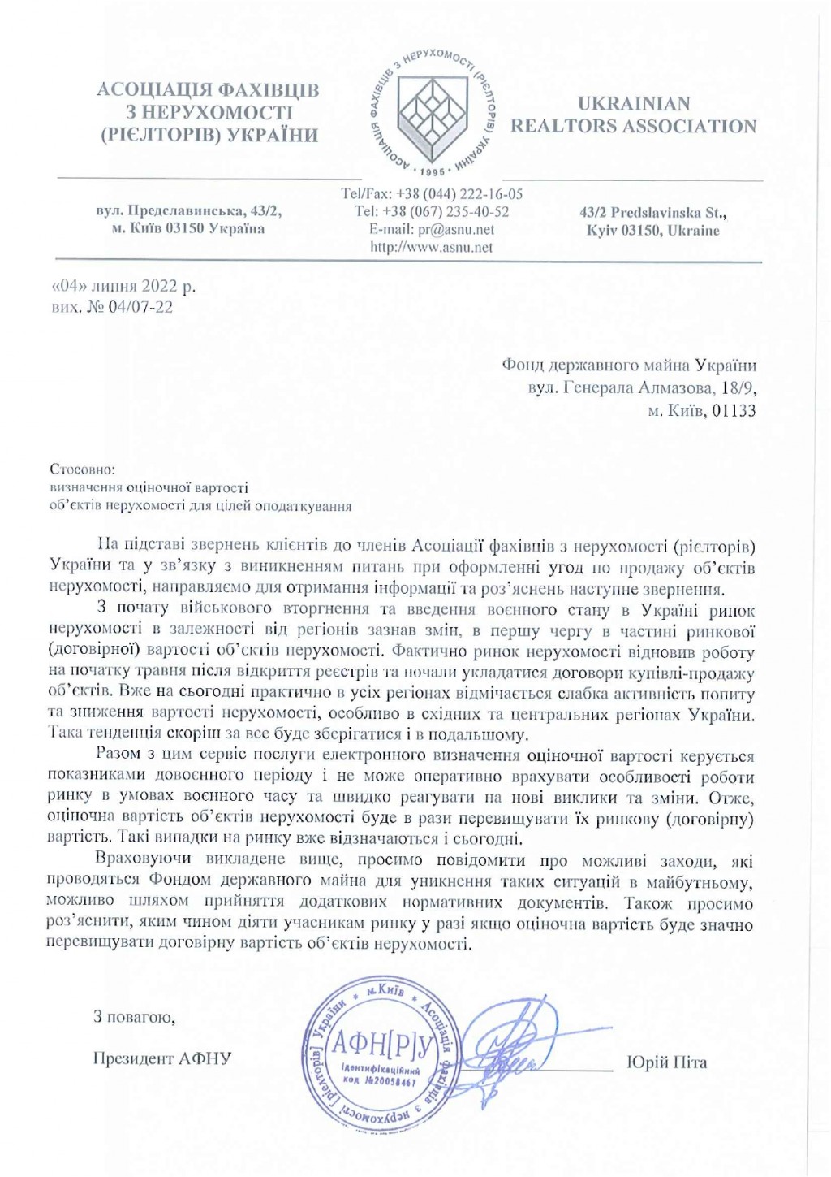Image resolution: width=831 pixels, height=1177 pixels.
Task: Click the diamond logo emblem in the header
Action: (435, 113)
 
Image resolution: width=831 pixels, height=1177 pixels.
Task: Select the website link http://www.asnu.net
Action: (431, 248)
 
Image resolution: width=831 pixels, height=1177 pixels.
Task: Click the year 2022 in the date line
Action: (159, 287)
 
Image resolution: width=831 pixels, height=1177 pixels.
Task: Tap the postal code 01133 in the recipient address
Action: (734, 411)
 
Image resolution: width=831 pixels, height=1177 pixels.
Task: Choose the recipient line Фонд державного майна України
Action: (629, 366)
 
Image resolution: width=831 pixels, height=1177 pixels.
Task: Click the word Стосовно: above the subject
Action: (83, 470)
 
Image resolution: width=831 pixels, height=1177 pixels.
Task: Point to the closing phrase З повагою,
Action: (134, 1016)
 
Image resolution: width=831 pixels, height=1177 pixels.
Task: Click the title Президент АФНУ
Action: (162, 1058)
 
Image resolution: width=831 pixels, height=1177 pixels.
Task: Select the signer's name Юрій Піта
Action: (667, 1062)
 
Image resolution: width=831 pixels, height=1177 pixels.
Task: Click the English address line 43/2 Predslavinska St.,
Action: (653, 213)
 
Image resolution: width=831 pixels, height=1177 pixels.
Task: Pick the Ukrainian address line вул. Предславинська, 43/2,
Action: (189, 211)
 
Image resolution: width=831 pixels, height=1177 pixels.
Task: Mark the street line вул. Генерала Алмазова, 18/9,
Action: (642, 388)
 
